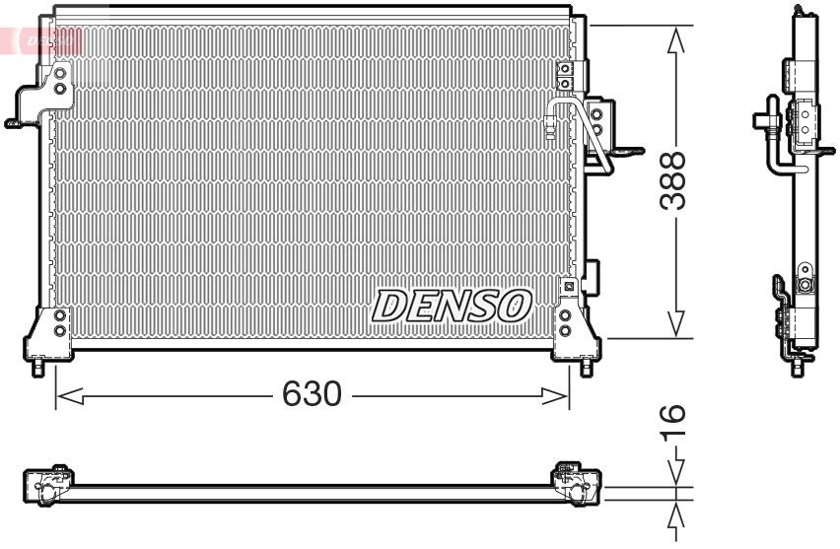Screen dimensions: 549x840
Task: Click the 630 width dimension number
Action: (x=312, y=395)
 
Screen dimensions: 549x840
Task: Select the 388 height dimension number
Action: (x=674, y=180)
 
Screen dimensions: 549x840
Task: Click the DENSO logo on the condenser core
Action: (x=452, y=306)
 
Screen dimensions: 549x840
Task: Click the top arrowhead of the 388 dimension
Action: (x=675, y=40)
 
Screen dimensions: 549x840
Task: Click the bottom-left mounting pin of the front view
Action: (x=36, y=369)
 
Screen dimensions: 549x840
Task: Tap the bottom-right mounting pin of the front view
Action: (x=588, y=369)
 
